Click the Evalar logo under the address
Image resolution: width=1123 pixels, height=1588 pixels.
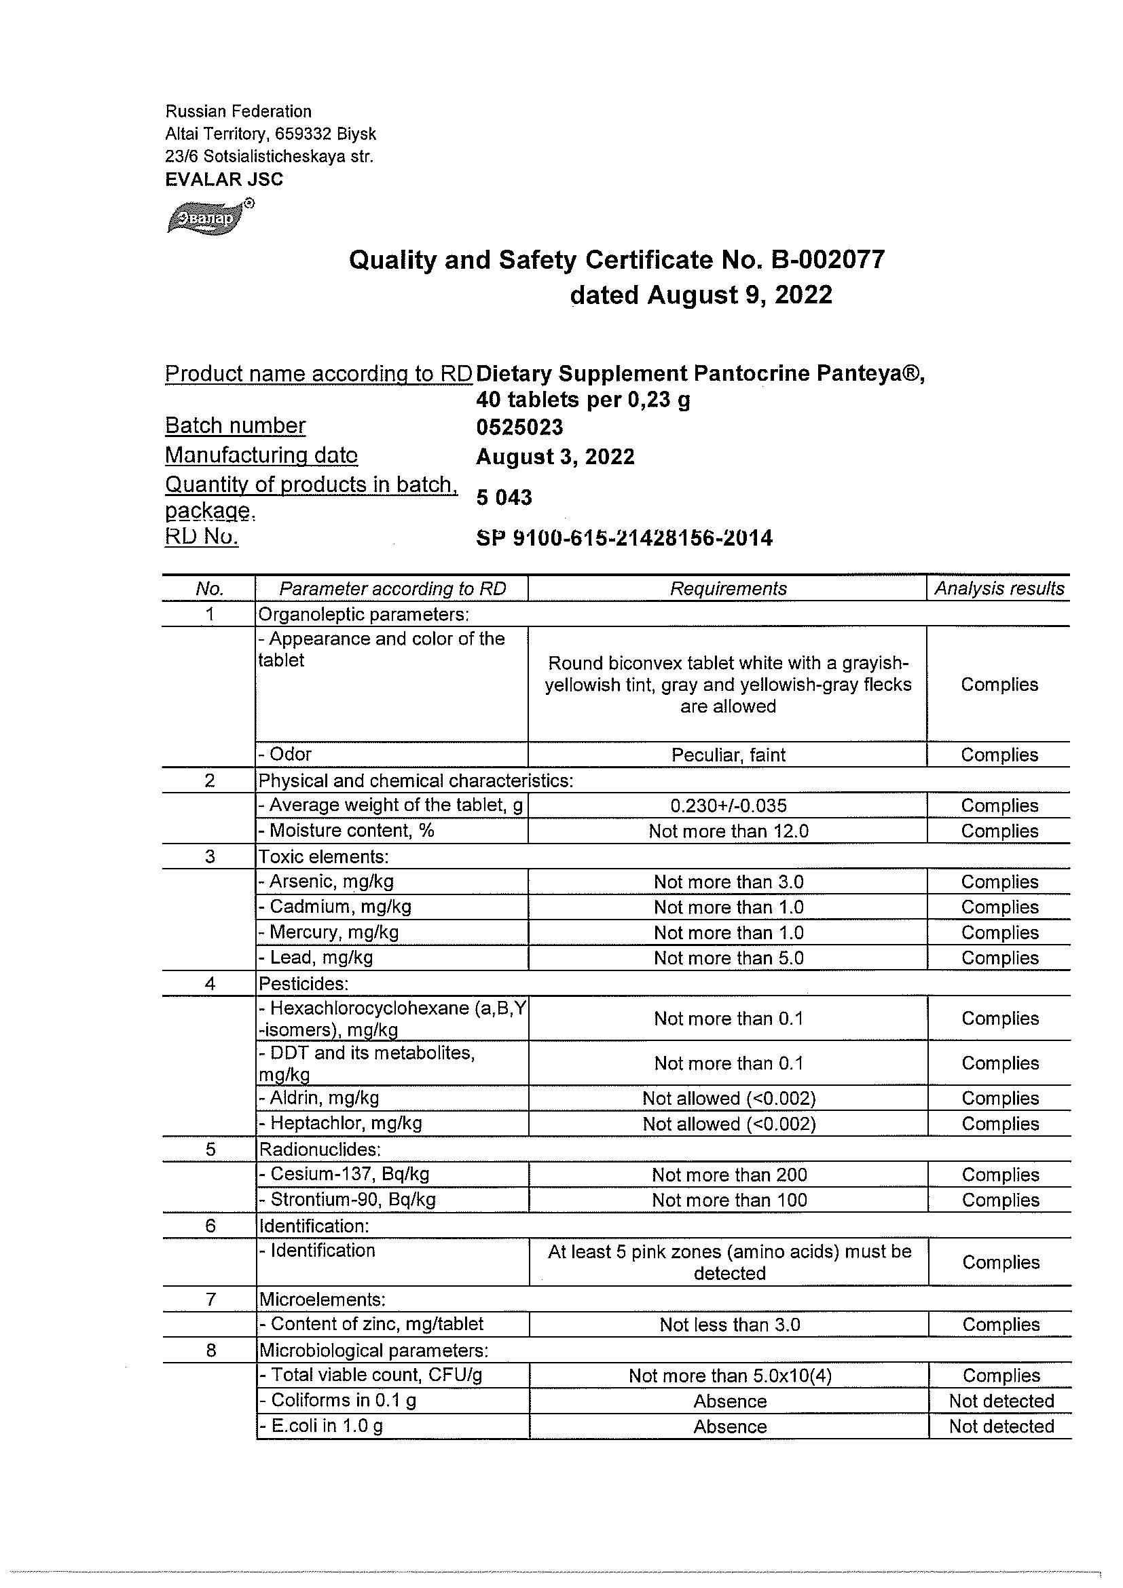point(208,217)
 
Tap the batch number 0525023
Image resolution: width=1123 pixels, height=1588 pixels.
point(519,427)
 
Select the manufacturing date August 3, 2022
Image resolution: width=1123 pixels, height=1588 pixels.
point(555,457)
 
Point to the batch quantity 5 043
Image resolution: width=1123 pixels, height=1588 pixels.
point(504,497)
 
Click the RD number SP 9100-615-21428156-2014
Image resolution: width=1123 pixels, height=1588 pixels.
point(624,537)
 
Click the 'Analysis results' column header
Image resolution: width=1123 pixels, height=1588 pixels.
point(999,588)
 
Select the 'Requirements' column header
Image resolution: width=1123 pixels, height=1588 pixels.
point(728,588)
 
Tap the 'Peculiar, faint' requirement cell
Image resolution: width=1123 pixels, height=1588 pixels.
point(728,755)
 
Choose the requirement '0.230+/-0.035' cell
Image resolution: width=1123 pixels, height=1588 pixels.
point(728,806)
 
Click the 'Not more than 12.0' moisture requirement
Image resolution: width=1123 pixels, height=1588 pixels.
point(728,831)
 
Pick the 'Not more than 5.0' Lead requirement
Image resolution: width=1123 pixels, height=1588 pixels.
point(729,958)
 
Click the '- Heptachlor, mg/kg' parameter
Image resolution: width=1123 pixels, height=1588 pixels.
point(339,1123)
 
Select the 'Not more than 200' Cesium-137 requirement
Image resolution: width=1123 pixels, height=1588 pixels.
point(729,1175)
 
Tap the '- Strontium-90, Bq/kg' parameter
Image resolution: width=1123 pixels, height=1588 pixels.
point(347,1199)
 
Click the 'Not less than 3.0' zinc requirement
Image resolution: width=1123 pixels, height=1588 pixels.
point(729,1325)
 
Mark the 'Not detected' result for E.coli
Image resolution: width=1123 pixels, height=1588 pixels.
point(1001,1426)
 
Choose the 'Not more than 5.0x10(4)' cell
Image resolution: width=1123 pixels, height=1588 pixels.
point(729,1376)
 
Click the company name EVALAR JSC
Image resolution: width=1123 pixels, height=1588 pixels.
point(224,180)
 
